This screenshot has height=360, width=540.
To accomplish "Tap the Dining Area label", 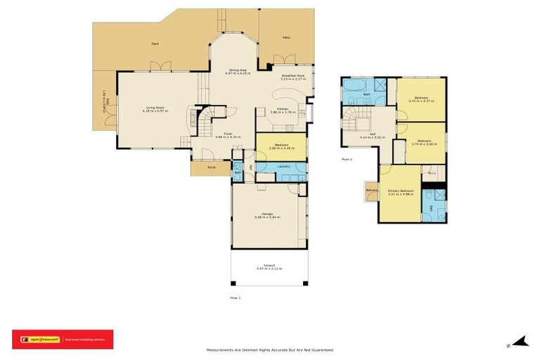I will point(238,71).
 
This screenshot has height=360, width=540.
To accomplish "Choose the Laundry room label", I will point(284,166).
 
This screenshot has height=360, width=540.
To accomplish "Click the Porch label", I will point(211,168).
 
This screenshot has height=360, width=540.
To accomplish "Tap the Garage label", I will point(267,215).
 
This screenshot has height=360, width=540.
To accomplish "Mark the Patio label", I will point(286,37).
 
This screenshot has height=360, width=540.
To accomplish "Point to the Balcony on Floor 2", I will point(371,190).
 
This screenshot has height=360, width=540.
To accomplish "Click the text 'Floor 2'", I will point(347,160).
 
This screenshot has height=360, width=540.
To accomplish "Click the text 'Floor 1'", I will point(235,298).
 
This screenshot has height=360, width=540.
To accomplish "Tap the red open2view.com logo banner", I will point(63,339).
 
